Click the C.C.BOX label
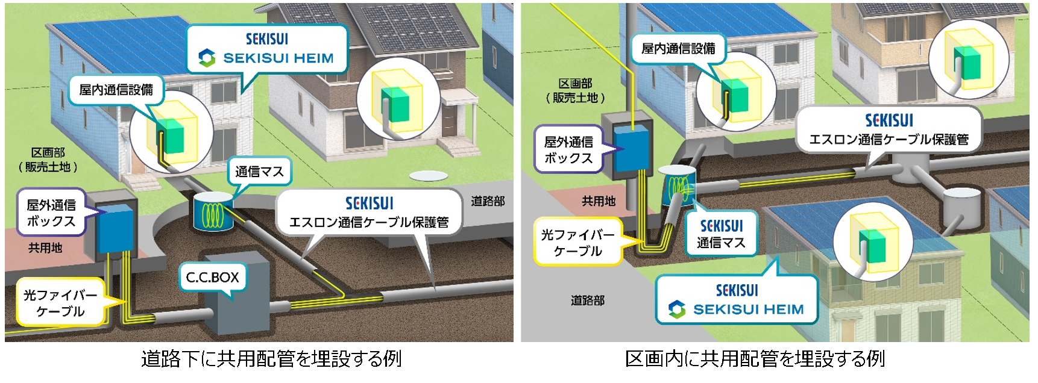212,278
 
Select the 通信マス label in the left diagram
259,172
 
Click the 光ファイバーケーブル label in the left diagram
60,303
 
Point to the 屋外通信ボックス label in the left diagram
51,213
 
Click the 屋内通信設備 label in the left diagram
116,90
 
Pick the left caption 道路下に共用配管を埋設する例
271,360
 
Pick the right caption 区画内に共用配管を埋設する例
755,360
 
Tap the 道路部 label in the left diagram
487,201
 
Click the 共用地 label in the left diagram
45,248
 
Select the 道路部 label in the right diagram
587,300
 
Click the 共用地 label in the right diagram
599,201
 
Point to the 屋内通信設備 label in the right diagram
678,48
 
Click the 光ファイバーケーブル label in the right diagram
577,243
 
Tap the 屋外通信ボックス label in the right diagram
568,150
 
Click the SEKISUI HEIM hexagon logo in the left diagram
207,58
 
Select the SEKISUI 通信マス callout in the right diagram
721,234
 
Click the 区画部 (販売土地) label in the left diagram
48,160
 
